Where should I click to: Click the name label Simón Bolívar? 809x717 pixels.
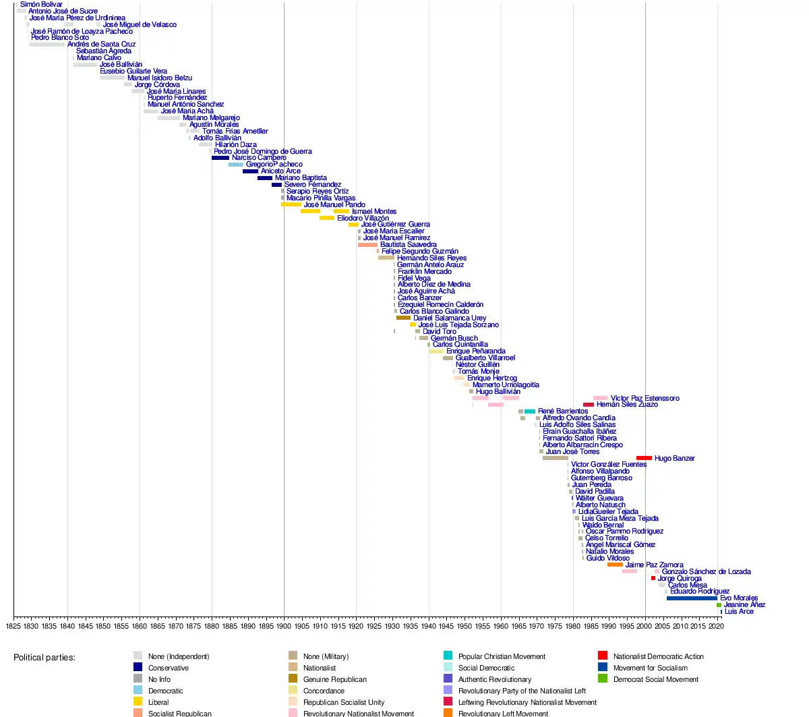coord(41,5)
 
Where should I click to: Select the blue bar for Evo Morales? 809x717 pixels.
coord(692,598)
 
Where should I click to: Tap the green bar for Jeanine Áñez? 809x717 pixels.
coord(719,605)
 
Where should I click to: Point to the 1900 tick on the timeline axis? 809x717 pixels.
coord(284,616)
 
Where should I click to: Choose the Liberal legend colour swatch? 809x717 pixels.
coord(138,702)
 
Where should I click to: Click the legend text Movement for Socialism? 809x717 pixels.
coord(650,668)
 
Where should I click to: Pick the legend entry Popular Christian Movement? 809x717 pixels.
coord(502,656)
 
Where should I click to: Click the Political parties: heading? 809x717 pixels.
coord(44,657)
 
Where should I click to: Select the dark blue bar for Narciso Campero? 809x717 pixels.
coord(220,158)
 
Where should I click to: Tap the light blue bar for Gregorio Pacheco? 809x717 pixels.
coord(236,165)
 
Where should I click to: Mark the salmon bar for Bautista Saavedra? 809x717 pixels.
coord(367,245)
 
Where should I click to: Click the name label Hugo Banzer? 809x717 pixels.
coord(674,459)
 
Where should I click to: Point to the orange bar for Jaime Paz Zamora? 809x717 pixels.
coord(615,565)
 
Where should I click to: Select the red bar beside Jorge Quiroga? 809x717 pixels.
coord(653,578)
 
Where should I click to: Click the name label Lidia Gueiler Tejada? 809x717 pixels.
coord(608,512)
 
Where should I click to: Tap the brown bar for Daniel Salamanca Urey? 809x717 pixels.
coord(403,318)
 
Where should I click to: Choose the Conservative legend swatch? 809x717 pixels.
coord(138,668)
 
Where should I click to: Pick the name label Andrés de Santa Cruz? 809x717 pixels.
coord(101,45)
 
